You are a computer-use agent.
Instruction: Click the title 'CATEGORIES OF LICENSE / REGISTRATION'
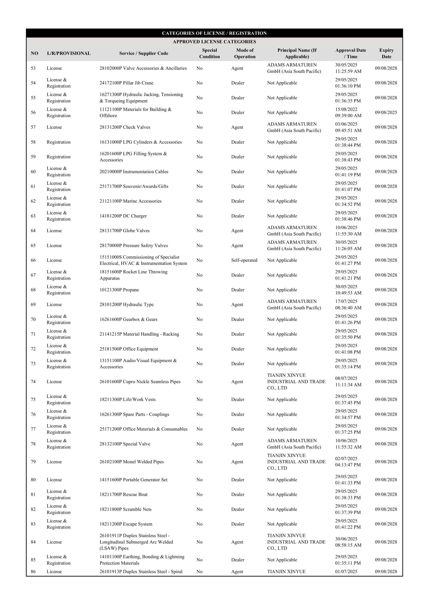pos(214,33)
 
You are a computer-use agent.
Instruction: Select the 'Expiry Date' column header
pos(386,53)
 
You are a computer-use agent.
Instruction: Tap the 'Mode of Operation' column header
pos(245,53)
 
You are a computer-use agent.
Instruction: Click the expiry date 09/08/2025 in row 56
pos(386,112)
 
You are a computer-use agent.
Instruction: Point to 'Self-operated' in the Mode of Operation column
pos(244,260)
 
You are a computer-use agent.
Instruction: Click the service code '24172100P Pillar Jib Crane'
pos(126,83)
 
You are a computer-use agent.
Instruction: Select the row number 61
pos(33,186)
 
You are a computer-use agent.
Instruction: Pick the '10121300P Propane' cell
pos(119,290)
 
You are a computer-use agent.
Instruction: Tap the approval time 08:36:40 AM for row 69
pos(348,308)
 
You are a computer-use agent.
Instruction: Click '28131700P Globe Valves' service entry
pos(125,230)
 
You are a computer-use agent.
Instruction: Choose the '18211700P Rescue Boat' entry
pos(124,494)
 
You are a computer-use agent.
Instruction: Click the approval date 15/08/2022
pos(346,109)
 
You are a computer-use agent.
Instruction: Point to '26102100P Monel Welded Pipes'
pos(132,462)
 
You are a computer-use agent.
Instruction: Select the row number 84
pos(33,542)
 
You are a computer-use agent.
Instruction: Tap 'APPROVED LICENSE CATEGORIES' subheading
pos(214,41)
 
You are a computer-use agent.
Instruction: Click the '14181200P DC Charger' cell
pos(123,216)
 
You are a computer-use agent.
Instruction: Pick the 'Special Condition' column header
pos(209,53)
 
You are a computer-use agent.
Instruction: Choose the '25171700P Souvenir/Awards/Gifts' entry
pos(134,186)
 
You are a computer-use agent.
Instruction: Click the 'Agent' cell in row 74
pos(237,382)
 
